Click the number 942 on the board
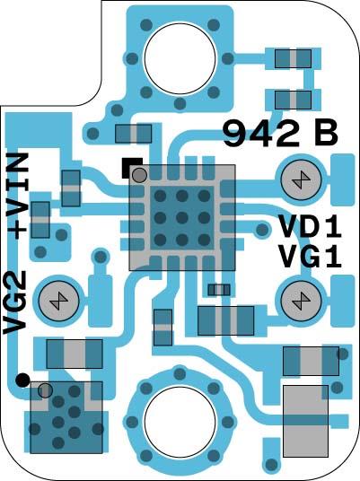click(x=261, y=135)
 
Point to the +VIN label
click(x=17, y=196)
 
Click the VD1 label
click(x=310, y=226)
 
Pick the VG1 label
click(x=310, y=257)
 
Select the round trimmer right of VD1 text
click(x=301, y=180)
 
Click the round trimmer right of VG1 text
click(x=301, y=298)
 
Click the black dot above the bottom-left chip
click(x=22, y=380)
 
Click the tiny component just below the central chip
click(x=218, y=289)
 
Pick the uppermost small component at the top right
click(x=292, y=59)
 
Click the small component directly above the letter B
click(x=292, y=98)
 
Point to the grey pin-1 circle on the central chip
click(x=139, y=175)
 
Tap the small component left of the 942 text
click(x=134, y=135)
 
